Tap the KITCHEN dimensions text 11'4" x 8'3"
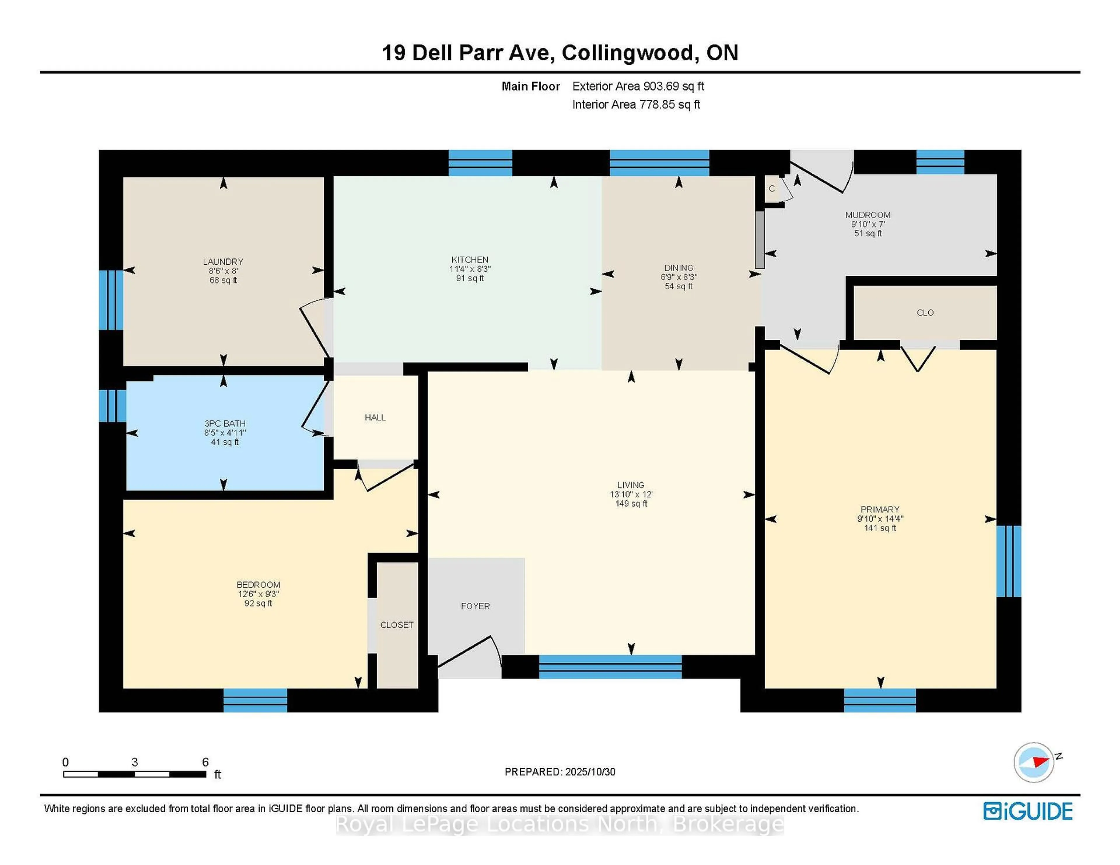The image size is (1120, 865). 470,269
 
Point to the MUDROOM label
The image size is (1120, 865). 868,215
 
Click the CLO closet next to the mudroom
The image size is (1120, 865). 925,313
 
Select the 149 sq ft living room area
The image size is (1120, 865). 631,504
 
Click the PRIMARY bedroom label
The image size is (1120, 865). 880,509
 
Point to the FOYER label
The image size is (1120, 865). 475,606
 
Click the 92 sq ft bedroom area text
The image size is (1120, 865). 258,604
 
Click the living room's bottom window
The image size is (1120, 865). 610,667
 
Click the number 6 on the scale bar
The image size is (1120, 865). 205,762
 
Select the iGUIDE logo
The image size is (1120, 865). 1028,811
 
